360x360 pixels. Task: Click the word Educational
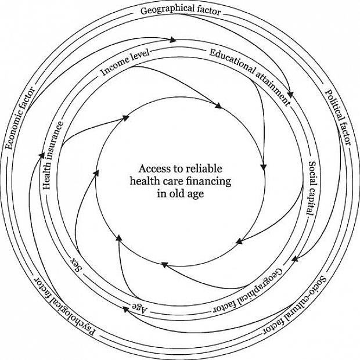pyautogui.click(x=229, y=60)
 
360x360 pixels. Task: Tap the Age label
pyautogui.click(x=139, y=307)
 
